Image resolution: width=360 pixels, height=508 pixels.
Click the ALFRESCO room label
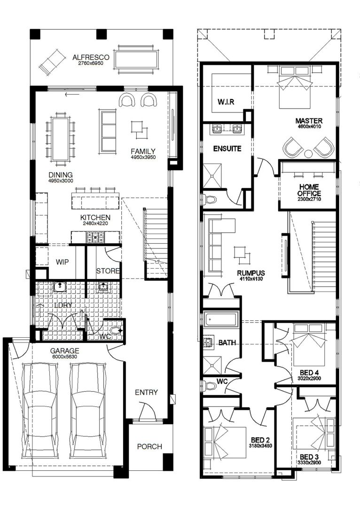91,57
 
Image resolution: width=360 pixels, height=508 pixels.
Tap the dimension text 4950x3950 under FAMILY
143,157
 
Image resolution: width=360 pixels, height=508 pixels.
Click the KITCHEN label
95,217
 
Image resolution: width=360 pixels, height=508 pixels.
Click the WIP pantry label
63,262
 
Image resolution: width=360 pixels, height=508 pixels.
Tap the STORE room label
108,271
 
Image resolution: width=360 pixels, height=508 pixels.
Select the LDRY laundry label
63,305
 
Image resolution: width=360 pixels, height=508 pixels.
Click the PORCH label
149,446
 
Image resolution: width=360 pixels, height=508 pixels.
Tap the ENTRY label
146,392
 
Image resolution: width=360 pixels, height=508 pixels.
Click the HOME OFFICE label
309,190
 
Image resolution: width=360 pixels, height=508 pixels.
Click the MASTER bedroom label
309,120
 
